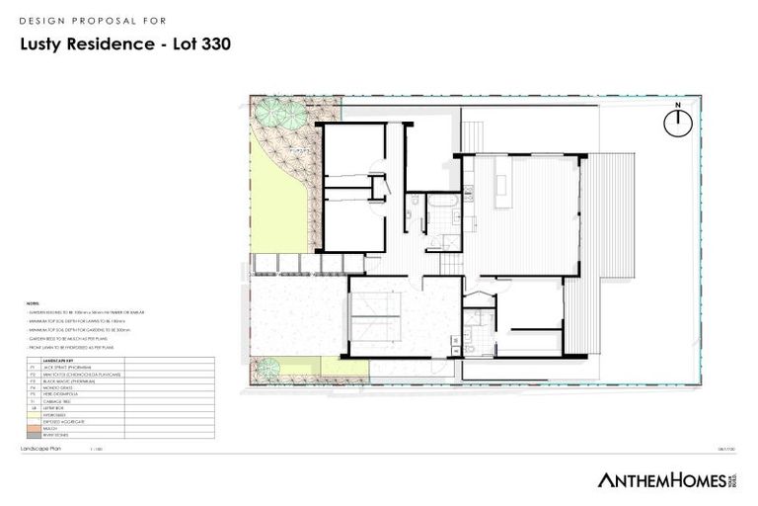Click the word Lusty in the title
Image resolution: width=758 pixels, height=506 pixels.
click(48, 44)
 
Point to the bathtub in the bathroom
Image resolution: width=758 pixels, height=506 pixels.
click(440, 204)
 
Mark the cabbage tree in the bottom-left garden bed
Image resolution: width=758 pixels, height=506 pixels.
click(265, 370)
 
